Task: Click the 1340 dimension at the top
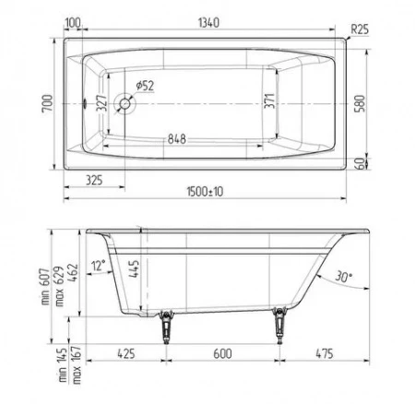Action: point(208,23)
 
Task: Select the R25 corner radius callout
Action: point(360,30)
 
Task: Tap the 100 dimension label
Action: point(73,23)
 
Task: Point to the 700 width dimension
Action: point(48,103)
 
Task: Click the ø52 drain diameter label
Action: point(145,86)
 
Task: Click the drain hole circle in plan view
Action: point(125,103)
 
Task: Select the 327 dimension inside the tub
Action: point(101,103)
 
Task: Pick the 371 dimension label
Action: point(270,101)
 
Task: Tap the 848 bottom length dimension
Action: point(177,139)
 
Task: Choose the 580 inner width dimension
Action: point(360,103)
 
